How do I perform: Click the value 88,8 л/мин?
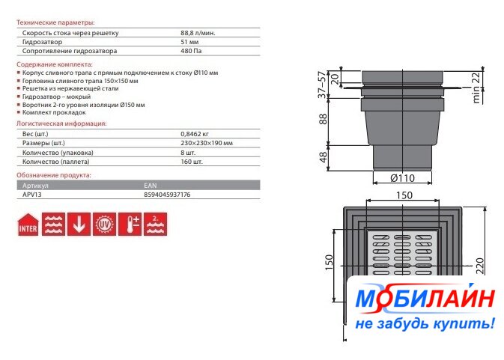pos(198,33)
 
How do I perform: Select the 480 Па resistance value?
pos(191,51)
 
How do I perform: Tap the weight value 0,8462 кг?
pos(194,134)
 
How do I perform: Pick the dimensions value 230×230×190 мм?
pos(207,143)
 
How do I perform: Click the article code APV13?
pos(31,195)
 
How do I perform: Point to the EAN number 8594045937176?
pos(167,195)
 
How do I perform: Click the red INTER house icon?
pos(28,225)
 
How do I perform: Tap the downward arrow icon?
pos(79,224)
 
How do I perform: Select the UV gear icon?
pos(104,224)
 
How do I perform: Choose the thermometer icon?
pos(130,224)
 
